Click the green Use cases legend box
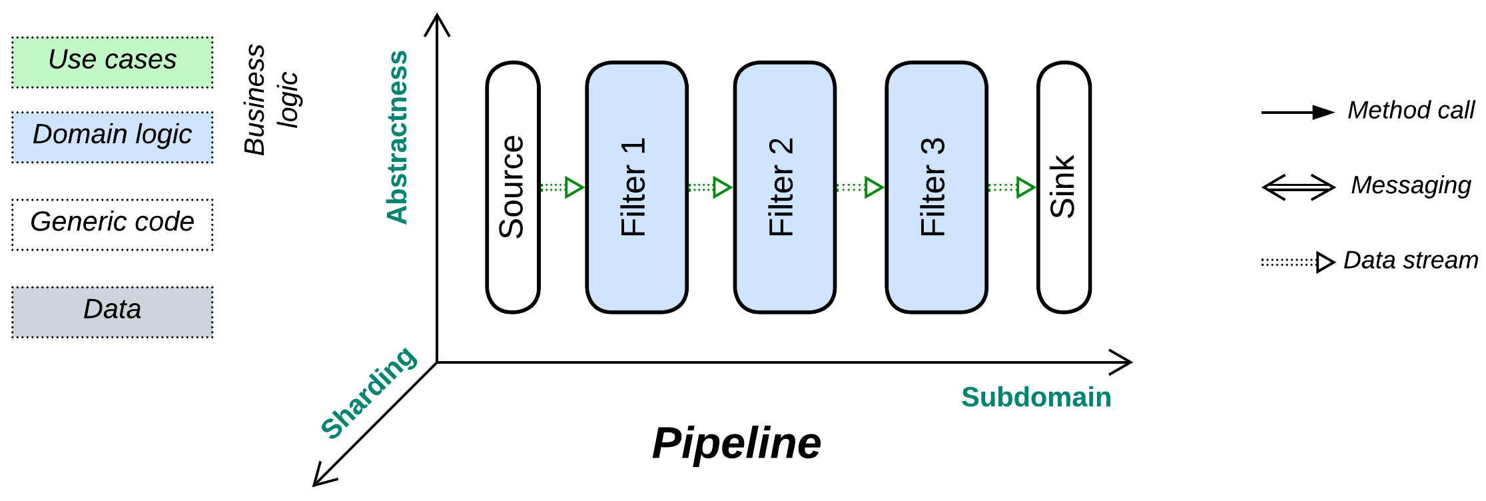tap(112, 62)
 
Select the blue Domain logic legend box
tap(112, 137)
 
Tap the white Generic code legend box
tap(112, 224)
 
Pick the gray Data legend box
tap(112, 311)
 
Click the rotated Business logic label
tap(270, 100)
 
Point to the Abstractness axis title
tap(398, 137)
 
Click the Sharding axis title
tap(368, 393)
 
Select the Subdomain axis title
tap(1036, 398)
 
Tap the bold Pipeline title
tap(736, 443)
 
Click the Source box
tap(512, 187)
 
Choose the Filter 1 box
tap(636, 187)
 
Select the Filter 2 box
tap(784, 187)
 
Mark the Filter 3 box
tap(936, 187)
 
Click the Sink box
tap(1064, 187)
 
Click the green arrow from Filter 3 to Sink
tap(1012, 187)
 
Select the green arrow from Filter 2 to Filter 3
tap(860, 187)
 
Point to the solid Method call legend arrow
tap(1297, 113)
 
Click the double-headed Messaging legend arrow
tap(1298, 187)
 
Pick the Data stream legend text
tap(1410, 260)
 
